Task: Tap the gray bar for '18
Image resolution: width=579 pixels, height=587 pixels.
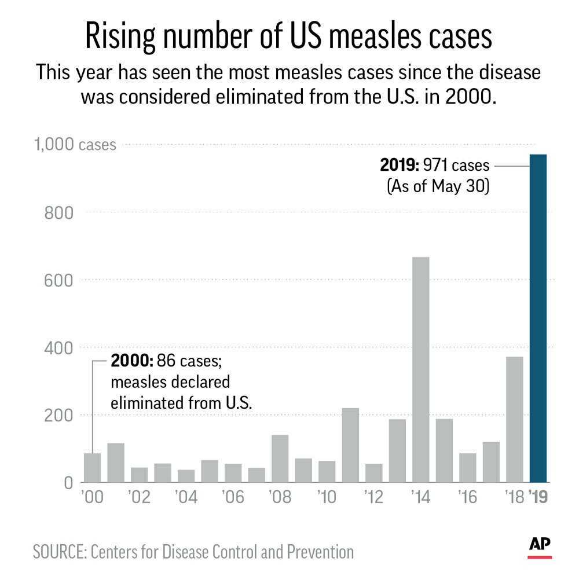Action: tap(514, 419)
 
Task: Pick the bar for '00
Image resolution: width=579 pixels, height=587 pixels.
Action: tap(92, 468)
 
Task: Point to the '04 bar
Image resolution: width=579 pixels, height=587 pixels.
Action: tap(186, 475)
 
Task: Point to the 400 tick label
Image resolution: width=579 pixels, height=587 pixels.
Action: tap(60, 348)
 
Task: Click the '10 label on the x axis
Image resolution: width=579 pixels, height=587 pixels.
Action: tap(327, 498)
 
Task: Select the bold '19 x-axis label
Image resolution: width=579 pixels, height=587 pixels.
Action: tap(540, 498)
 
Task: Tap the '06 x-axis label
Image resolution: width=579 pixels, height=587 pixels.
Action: tap(233, 498)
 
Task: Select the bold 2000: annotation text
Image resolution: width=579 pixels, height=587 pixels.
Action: tap(131, 362)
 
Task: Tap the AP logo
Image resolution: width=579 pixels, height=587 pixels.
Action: tap(540, 545)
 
